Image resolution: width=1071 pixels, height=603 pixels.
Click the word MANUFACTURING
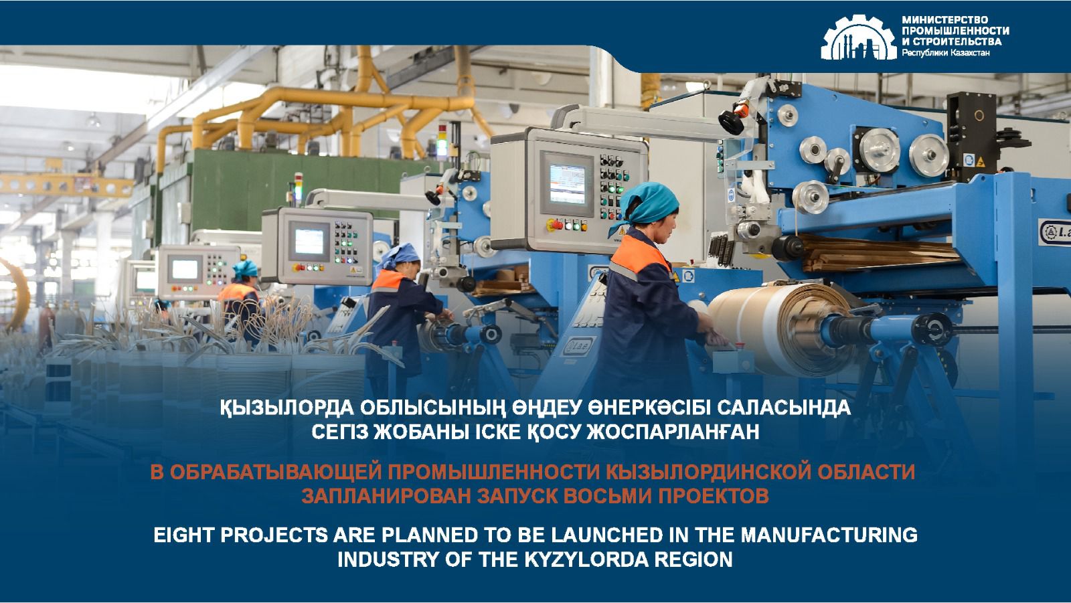tap(841, 535)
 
